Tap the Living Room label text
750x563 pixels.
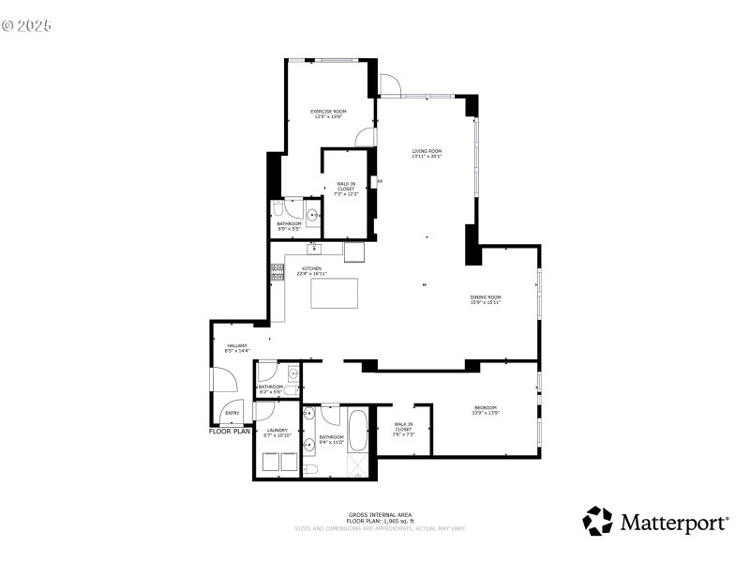(427, 153)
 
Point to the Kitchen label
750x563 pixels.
(311, 270)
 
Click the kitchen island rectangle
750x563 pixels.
(335, 293)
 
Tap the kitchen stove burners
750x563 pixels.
(277, 272)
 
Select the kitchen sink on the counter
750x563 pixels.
(315, 249)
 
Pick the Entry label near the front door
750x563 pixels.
(232, 413)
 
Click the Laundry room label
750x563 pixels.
(277, 432)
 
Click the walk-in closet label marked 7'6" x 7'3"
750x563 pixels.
(403, 427)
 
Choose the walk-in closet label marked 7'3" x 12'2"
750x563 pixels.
(346, 188)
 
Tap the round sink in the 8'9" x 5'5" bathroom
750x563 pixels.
(312, 213)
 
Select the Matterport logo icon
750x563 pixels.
(598, 521)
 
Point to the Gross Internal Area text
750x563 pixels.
(380, 515)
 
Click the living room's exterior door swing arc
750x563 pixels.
(391, 83)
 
